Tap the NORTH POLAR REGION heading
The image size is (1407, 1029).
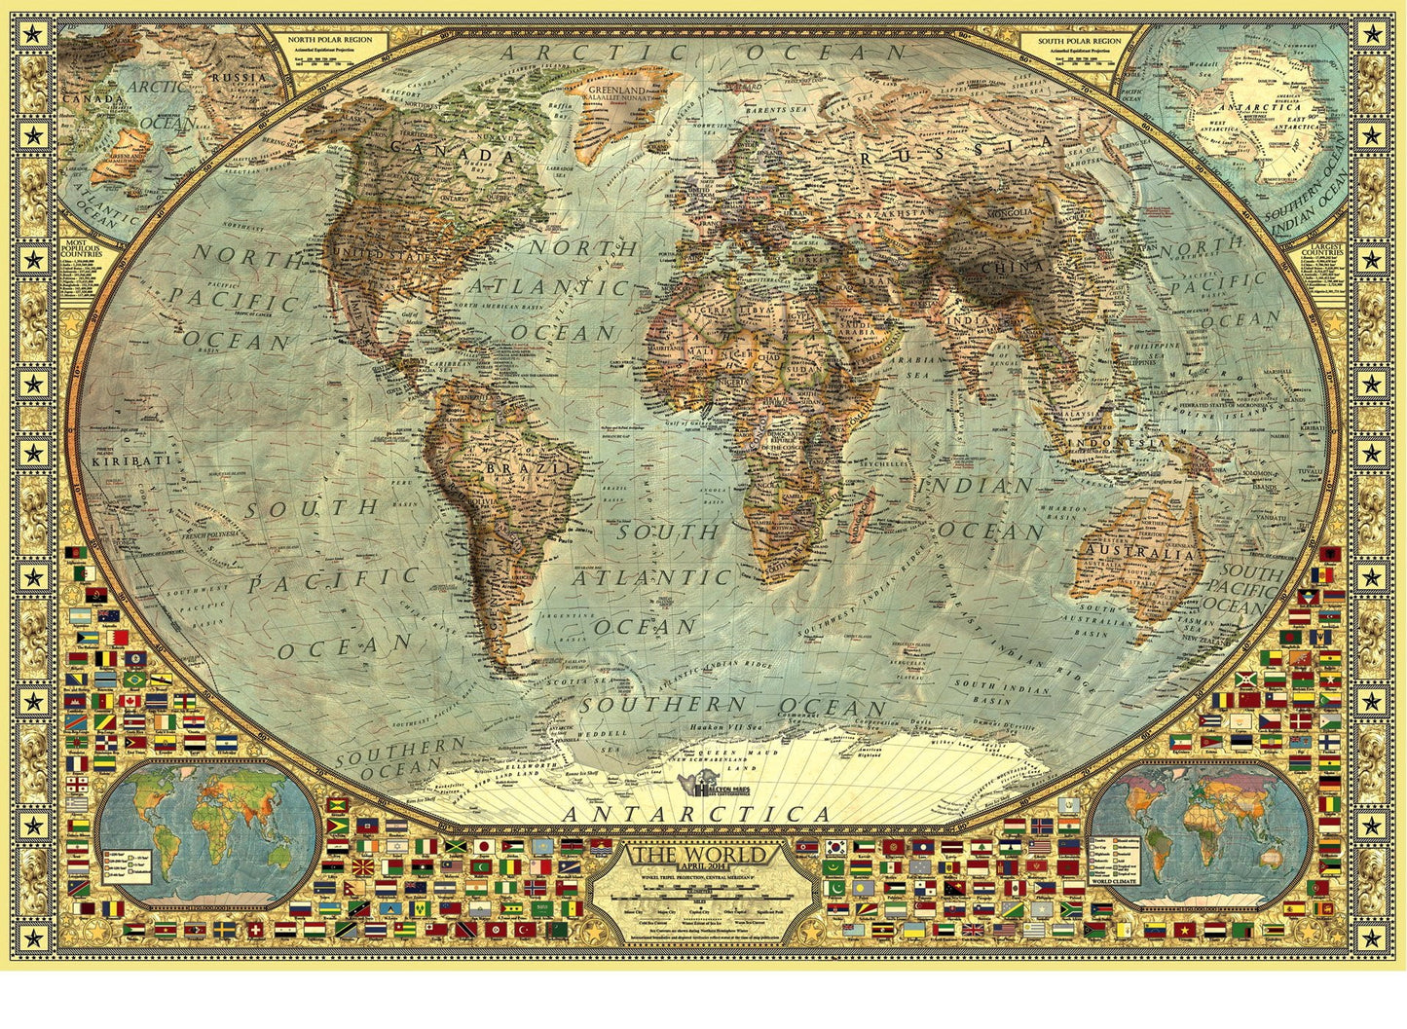coord(330,40)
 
